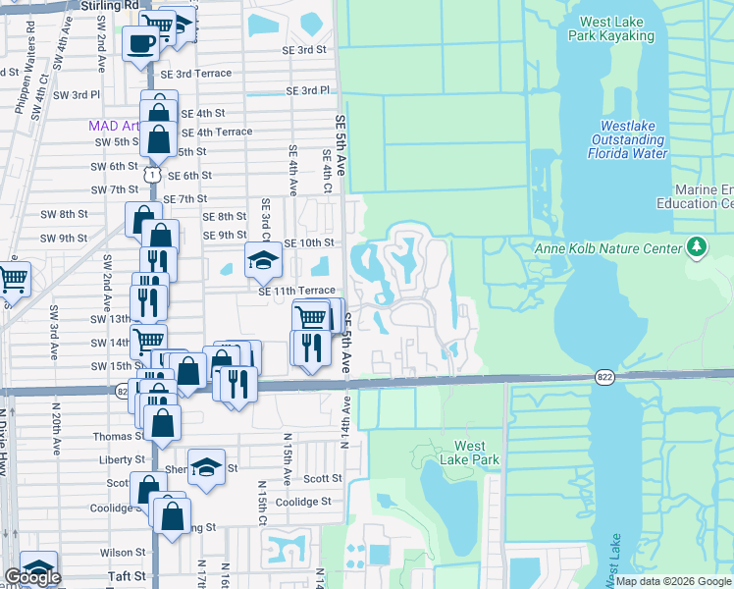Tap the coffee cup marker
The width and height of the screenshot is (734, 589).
tap(140, 43)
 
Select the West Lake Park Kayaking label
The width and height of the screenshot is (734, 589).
tap(616, 28)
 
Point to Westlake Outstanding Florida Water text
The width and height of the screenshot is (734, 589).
tap(627, 139)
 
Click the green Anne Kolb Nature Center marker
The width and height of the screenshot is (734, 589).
tap(698, 245)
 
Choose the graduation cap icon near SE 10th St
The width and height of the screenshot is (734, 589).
tap(262, 260)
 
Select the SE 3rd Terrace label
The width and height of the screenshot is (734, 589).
tap(196, 74)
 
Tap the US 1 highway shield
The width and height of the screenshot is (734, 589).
tap(150, 174)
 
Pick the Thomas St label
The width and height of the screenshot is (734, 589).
tap(119, 436)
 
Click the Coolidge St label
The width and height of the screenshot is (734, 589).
tap(302, 502)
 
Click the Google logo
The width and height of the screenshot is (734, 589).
tap(32, 577)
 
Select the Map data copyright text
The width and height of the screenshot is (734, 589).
tap(673, 581)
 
